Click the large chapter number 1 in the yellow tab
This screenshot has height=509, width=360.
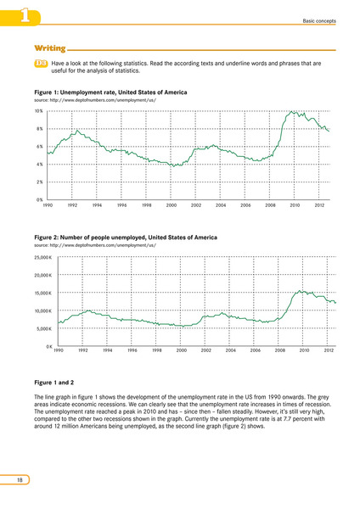pyautogui.click(x=25, y=16)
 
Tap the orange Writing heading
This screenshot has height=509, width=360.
pyautogui.click(x=50, y=48)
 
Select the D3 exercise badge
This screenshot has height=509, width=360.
pyautogui.click(x=41, y=64)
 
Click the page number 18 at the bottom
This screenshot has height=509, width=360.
pyautogui.click(x=20, y=480)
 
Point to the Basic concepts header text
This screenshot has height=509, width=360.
pyautogui.click(x=319, y=20)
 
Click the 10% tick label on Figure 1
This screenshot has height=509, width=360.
pyautogui.click(x=39, y=111)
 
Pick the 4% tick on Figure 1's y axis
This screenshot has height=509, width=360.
pyautogui.click(x=39, y=165)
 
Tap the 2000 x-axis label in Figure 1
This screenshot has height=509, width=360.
pyautogui.click(x=172, y=205)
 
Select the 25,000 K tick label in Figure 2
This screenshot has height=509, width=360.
pyautogui.click(x=43, y=258)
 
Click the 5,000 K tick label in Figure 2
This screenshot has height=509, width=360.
pyautogui.click(x=44, y=329)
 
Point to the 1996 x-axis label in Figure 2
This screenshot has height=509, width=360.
pyautogui.click(x=132, y=350)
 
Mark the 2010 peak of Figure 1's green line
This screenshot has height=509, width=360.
pyautogui.click(x=291, y=112)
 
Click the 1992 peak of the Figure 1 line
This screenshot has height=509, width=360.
pyautogui.click(x=77, y=131)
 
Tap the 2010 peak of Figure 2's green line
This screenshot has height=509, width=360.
pyautogui.click(x=300, y=291)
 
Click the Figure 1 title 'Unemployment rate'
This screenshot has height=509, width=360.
pyautogui.click(x=110, y=92)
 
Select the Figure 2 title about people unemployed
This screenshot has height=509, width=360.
pyautogui.click(x=126, y=238)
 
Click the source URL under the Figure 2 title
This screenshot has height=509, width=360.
pyautogui.click(x=95, y=245)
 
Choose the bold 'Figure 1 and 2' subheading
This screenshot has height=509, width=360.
pyautogui.click(x=54, y=383)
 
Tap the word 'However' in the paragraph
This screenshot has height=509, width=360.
pyautogui.click(x=262, y=411)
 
